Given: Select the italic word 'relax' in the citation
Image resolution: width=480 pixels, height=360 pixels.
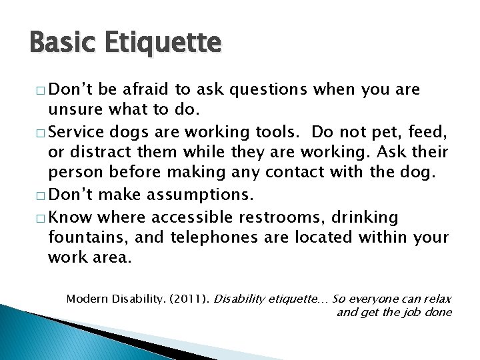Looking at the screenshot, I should (x=437, y=299).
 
